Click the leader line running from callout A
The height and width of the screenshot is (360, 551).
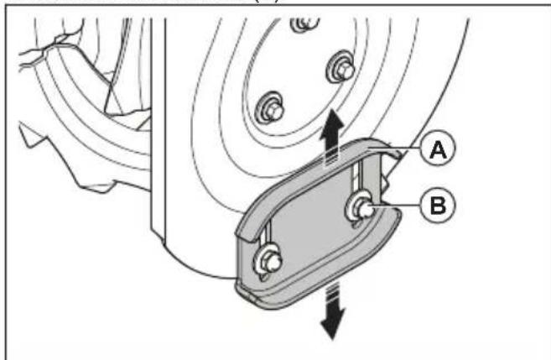click(x=403, y=149)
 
